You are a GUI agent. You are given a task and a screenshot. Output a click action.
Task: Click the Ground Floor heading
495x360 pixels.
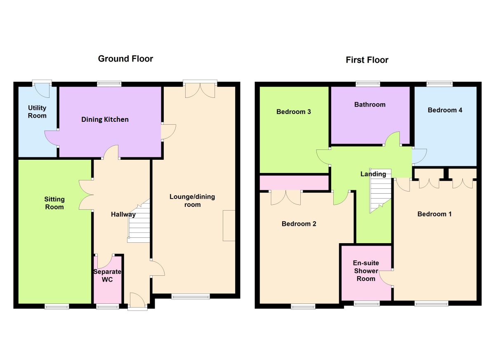click(125, 59)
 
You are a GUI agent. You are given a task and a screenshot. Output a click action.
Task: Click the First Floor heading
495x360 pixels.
click(367, 60)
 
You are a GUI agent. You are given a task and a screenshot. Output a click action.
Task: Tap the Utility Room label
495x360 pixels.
click(37, 112)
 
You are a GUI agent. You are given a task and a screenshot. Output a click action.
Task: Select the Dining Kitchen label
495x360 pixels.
click(105, 119)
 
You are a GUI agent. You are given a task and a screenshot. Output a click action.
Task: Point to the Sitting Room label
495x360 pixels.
click(54, 203)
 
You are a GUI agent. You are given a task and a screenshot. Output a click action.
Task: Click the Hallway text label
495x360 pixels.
click(123, 214)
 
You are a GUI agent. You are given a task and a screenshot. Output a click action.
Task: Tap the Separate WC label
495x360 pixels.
click(107, 275)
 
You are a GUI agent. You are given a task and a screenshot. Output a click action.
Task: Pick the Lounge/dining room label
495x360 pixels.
click(192, 201)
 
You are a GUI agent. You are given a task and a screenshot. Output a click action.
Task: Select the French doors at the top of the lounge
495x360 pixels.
click(200, 90)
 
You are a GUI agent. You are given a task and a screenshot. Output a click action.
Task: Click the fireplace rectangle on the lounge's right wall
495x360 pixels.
click(229, 225)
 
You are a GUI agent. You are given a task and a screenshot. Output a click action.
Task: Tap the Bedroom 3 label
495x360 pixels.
click(293, 111)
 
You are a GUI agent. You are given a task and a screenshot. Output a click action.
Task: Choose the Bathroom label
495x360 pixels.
click(370, 104)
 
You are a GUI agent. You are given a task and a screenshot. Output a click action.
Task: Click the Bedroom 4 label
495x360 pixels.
click(445, 110)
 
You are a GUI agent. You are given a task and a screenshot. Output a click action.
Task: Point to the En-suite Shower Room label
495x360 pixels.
click(366, 271)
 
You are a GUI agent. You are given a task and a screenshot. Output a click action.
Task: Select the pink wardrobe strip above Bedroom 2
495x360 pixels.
click(294, 182)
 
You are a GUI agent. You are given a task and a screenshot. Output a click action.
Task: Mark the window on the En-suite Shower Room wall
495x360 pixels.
click(367, 304)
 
